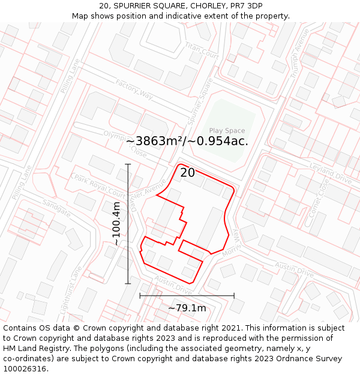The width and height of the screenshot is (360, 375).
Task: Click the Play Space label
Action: coord(227,131)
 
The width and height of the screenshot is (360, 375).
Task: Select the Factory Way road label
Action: coord(134,89)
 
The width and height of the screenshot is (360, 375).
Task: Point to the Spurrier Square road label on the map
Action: coord(200,98)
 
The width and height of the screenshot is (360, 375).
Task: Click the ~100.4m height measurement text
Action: coord(116,224)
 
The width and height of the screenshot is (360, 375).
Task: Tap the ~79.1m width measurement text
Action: coord(187,308)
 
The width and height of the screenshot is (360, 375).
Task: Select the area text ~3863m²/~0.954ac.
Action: coord(187,141)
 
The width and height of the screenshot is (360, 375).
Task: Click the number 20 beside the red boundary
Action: coord(187,173)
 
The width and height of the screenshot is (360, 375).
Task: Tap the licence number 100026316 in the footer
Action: coord(25,368)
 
